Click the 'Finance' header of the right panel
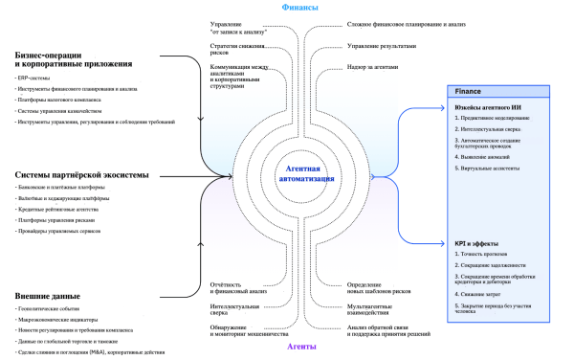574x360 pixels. tap(469, 91)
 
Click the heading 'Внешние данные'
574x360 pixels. tap(45, 297)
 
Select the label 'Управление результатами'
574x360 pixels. tap(383, 44)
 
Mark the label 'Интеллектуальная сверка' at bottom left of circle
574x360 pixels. tap(229, 309)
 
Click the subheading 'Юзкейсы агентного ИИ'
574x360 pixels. tap(488, 106)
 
